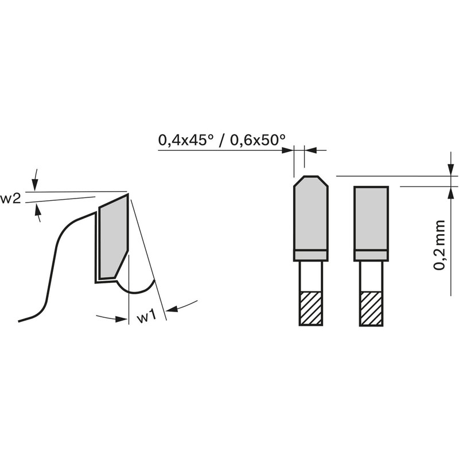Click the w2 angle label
10,199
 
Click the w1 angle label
146,317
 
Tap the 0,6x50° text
257,140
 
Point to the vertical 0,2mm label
439,245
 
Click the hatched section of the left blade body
310,308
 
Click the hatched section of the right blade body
371,308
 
